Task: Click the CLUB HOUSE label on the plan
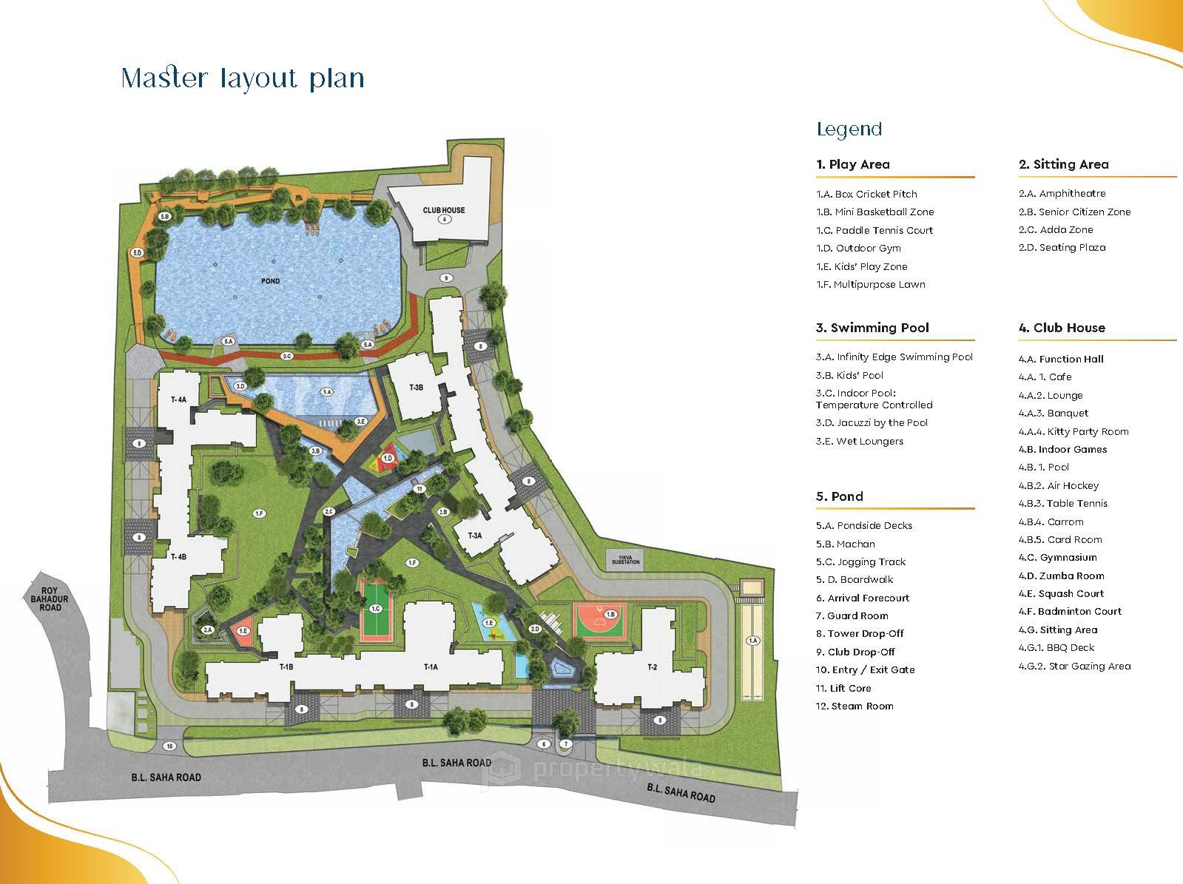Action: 444,210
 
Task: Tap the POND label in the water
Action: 270,281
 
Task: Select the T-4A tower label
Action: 179,399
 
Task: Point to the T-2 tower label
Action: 652,667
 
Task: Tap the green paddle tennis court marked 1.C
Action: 376,609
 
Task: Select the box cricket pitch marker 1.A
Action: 753,641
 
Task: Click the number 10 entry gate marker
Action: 169,746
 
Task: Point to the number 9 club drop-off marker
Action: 445,278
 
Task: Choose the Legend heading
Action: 849,129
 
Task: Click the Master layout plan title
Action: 243,78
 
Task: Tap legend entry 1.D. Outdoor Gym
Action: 858,249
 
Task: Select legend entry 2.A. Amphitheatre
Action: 1062,194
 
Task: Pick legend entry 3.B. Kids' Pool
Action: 849,375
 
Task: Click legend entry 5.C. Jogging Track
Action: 860,562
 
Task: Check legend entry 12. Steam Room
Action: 855,706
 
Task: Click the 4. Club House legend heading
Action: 1062,328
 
